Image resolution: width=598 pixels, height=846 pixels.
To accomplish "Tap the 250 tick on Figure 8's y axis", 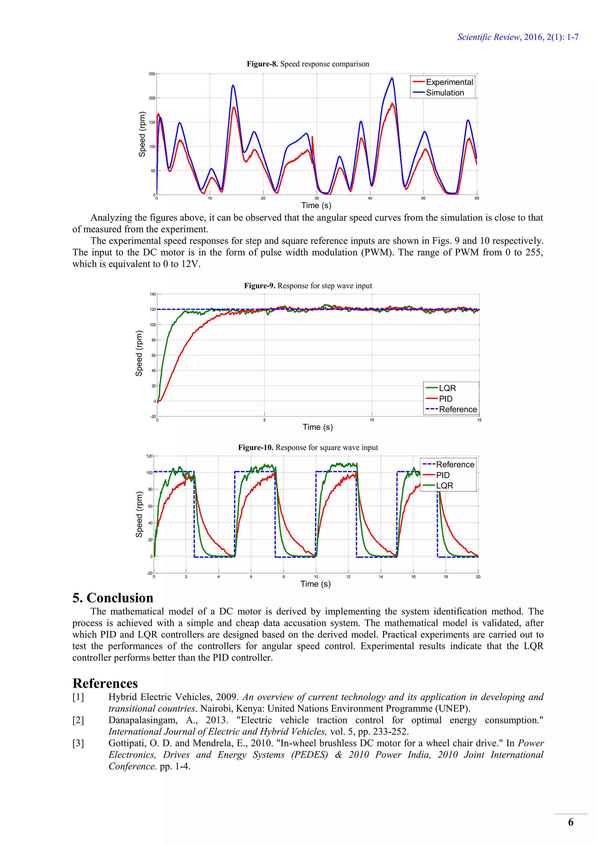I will point(152,74).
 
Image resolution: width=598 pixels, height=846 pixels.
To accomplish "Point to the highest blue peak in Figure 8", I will point(392,78).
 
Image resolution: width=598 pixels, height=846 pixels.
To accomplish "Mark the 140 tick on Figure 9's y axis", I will point(152,294).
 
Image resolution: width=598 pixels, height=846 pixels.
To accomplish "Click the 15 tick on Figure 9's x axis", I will point(479,420).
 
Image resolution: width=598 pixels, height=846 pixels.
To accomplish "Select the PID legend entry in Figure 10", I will point(443,475).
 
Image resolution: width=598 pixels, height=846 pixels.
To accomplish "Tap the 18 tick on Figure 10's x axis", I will point(446,577).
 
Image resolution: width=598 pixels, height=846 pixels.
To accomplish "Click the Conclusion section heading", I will point(113,598).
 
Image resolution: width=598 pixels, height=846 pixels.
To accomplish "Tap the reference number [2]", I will point(78,720).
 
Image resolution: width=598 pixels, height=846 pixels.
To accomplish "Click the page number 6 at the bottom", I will point(570,822).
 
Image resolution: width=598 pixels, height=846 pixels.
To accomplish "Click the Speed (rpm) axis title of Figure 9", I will point(139,353).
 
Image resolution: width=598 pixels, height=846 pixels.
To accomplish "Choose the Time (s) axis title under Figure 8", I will point(316,205).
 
